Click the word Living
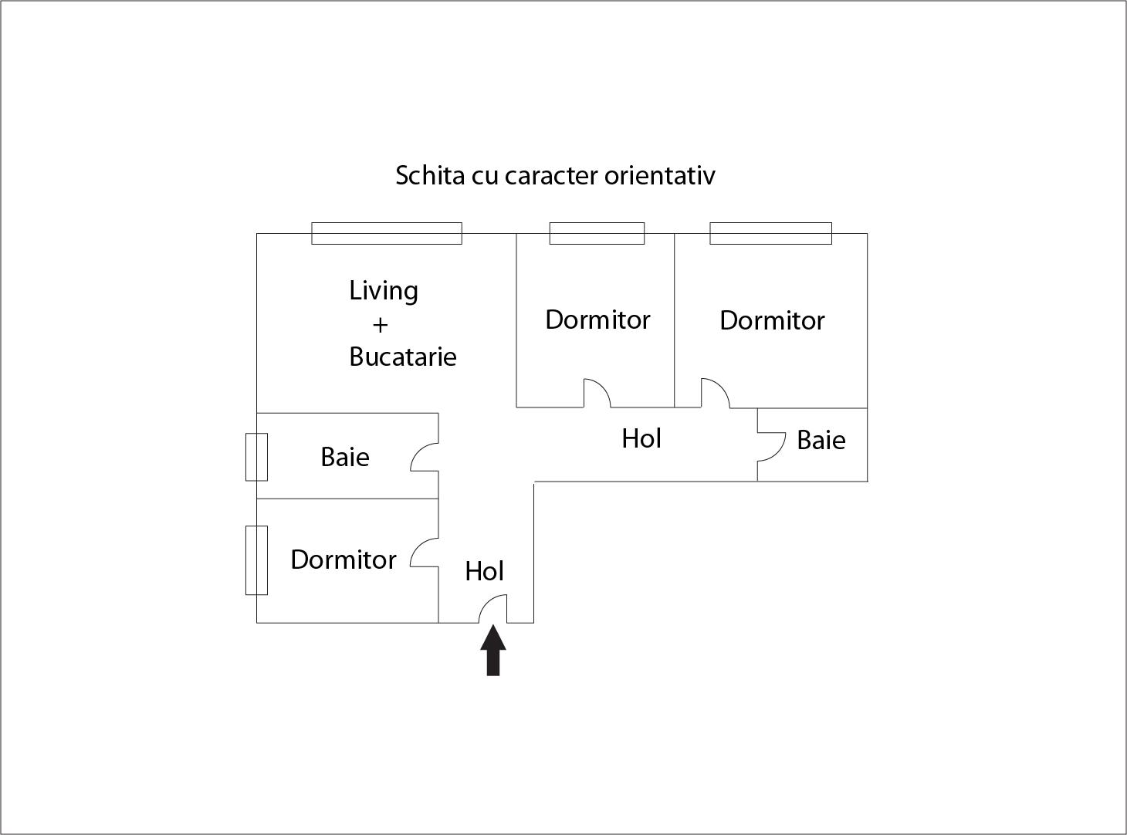(384, 291)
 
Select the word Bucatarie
(402, 357)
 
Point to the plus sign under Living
(380, 325)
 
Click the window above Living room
(387, 233)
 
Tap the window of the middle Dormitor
(597, 233)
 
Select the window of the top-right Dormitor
(770, 233)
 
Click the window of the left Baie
(256, 457)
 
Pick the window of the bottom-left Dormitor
(256, 560)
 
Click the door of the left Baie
(425, 457)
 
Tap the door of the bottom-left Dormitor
(425, 553)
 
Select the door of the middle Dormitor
(597, 394)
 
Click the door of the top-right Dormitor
(715, 394)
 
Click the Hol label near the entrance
(484, 571)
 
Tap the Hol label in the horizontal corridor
(641, 438)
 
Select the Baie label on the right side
(821, 440)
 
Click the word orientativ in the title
(659, 175)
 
